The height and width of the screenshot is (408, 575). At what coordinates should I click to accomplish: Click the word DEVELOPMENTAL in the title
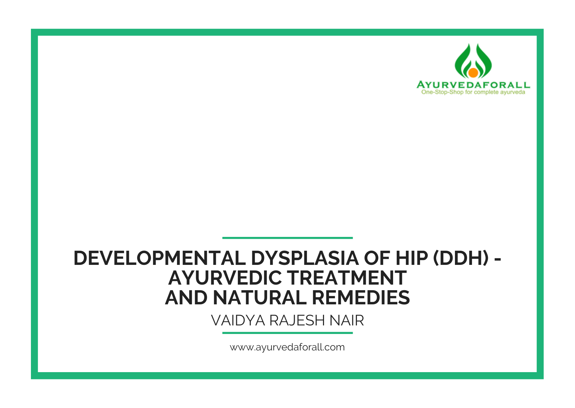click(160, 258)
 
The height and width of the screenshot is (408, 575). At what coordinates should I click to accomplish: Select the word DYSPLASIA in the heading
click(305, 258)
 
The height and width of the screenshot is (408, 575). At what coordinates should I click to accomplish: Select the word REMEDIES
click(361, 298)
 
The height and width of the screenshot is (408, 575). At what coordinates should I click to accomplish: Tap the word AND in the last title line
click(186, 298)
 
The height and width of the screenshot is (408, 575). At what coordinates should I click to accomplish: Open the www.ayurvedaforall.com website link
click(287, 347)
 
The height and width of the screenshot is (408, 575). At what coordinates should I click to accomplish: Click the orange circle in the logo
click(473, 72)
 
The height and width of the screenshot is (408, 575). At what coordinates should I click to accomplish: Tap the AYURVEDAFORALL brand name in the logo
click(473, 85)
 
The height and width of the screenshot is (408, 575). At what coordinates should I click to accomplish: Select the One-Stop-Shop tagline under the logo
click(473, 92)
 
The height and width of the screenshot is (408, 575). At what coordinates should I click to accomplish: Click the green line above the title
click(287, 238)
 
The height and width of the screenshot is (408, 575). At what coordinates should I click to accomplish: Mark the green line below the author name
click(287, 333)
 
